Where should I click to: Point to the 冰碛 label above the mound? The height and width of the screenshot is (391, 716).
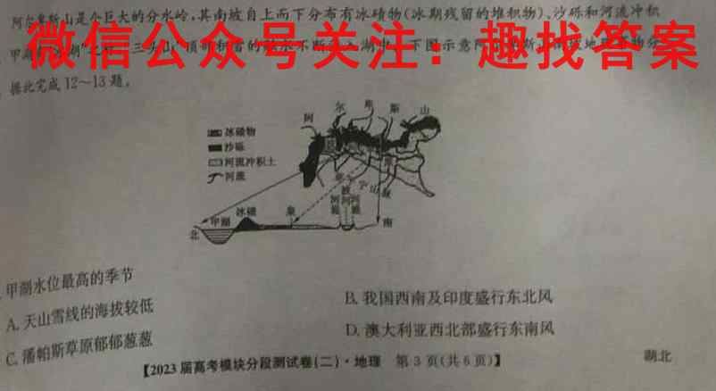tap(246, 212)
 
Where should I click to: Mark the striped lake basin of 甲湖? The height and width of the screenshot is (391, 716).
tap(213, 235)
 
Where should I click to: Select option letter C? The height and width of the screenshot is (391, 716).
tap(12, 359)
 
